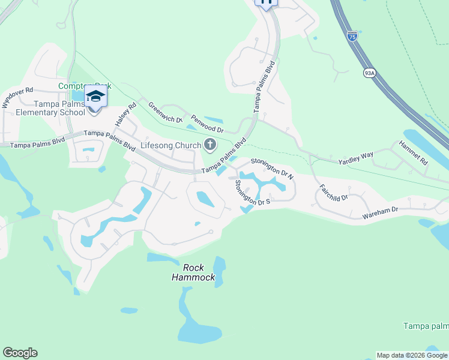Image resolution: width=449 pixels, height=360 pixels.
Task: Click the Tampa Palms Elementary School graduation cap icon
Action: (95, 96)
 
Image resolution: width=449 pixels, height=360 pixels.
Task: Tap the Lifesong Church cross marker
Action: (210, 144)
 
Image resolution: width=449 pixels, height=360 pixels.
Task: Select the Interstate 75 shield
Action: (352, 36)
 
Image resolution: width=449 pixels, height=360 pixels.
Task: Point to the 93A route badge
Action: (369, 73)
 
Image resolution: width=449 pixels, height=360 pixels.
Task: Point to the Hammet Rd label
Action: (414, 153)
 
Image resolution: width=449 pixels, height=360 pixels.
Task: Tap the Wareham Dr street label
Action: (381, 212)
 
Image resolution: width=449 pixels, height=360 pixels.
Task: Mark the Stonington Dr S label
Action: (252, 193)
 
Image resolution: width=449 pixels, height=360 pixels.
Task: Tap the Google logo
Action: (20, 353)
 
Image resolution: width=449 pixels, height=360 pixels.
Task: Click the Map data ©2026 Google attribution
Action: (412, 355)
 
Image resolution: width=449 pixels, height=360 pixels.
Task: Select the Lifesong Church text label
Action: (170, 145)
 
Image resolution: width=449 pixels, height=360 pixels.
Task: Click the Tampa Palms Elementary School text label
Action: (50, 108)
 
